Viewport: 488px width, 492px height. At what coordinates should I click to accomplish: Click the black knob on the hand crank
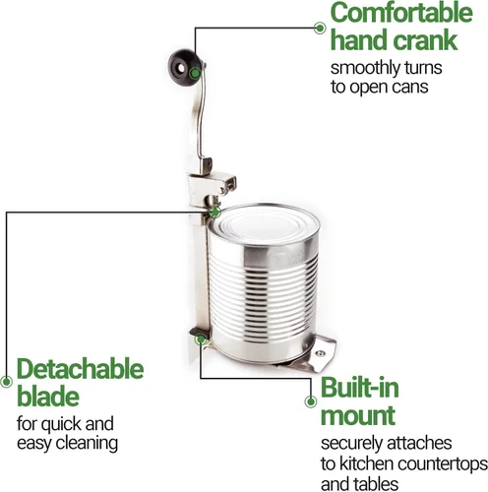click(184, 68)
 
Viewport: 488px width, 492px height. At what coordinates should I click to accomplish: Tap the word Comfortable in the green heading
click(401, 13)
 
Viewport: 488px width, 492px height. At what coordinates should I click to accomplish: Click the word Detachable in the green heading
click(81, 369)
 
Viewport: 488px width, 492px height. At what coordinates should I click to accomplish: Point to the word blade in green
click(48, 396)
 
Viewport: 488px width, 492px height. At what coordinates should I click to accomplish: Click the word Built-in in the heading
click(360, 388)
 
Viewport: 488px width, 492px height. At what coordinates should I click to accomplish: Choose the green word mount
click(358, 416)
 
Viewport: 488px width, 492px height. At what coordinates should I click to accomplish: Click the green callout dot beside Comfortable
click(320, 28)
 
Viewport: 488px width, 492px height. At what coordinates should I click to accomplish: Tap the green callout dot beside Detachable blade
click(6, 382)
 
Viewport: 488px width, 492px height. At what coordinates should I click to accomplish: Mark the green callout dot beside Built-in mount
click(310, 401)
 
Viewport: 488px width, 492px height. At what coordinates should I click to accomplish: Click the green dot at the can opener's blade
click(214, 213)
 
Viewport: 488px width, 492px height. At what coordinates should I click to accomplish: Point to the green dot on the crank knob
click(195, 73)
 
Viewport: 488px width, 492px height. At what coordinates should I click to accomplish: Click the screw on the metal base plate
click(320, 353)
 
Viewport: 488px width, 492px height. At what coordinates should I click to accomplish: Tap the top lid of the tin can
click(264, 224)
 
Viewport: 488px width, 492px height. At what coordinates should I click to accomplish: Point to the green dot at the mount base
click(200, 339)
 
